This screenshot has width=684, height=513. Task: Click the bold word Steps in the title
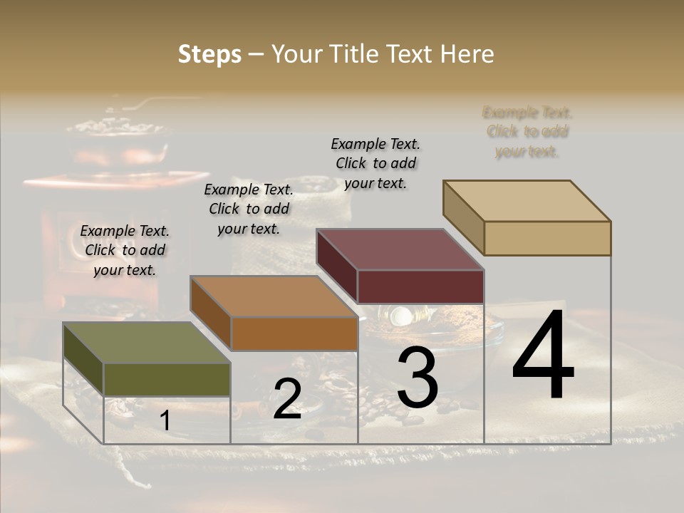pyautogui.click(x=209, y=54)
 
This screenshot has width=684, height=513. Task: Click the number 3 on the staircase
pyautogui.click(x=417, y=380)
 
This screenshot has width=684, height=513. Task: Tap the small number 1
pyautogui.click(x=165, y=421)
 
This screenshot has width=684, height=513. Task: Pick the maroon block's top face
pyautogui.click(x=400, y=249)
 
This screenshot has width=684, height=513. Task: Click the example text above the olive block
pyautogui.click(x=125, y=250)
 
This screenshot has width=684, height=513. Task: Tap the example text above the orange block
pyautogui.click(x=249, y=209)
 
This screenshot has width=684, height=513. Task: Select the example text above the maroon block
pyautogui.click(x=375, y=163)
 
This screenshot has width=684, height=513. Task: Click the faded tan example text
pyautogui.click(x=527, y=132)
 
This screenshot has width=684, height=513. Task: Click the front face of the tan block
pyautogui.click(x=547, y=238)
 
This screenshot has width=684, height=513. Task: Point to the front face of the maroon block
pyautogui.click(x=420, y=286)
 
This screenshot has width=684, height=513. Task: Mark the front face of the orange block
pyautogui.click(x=294, y=333)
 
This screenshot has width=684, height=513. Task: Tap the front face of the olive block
pyautogui.click(x=167, y=379)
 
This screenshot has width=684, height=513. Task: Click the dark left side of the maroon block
pyautogui.click(x=337, y=266)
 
